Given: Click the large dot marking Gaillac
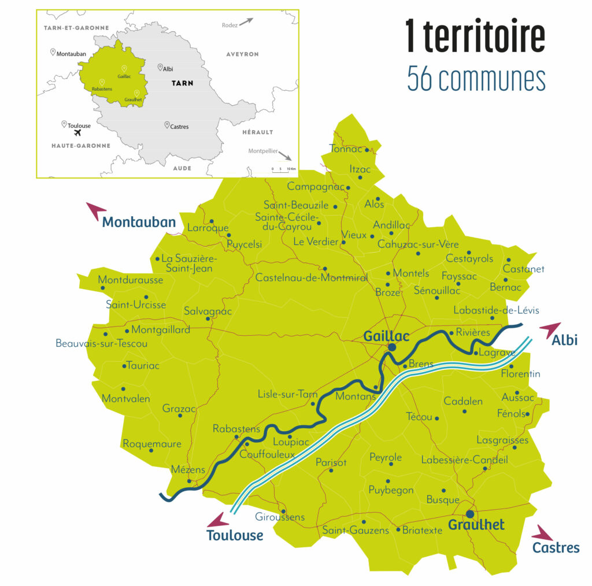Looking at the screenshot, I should [392, 347].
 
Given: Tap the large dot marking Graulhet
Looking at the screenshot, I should [470, 514].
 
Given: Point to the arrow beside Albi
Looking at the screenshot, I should [550, 329].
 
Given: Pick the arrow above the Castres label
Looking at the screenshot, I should [543, 533].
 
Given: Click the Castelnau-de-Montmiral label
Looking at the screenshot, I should [312, 278].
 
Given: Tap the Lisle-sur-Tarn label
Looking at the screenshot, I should [287, 394].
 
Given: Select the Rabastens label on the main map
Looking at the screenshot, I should [237, 429].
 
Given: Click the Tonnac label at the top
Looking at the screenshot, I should [346, 149].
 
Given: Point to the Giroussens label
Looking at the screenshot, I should [280, 517].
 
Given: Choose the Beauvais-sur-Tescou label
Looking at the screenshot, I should [102, 343].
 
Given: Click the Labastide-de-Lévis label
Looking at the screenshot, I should [496, 310].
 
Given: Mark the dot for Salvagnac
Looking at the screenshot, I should [208, 318].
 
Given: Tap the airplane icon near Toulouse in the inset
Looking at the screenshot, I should [71, 132].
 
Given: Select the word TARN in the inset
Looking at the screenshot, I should [182, 83].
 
